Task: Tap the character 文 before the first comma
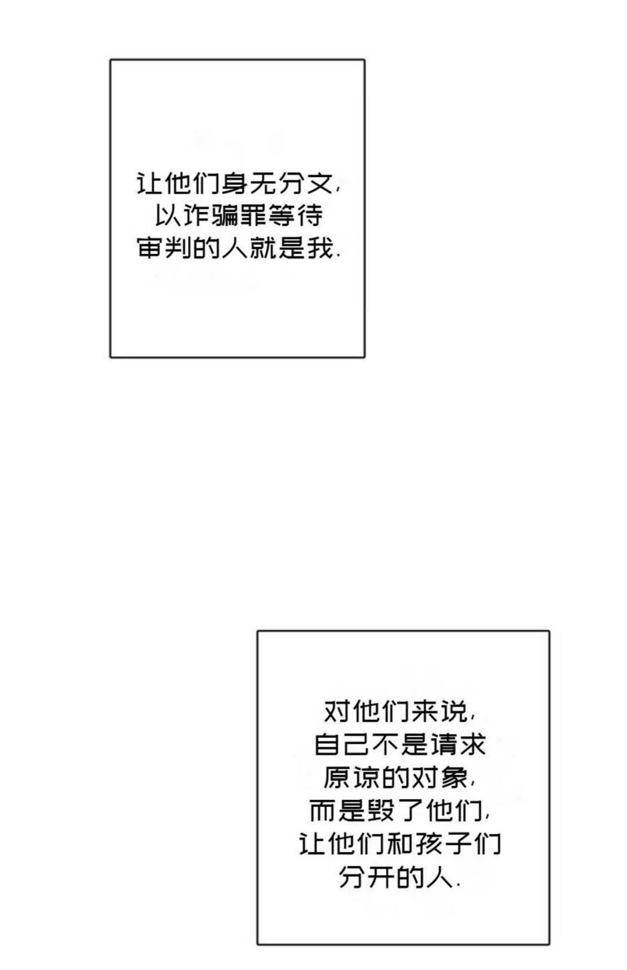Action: pyautogui.click(x=320, y=184)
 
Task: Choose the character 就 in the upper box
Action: pyautogui.click(x=263, y=247)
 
